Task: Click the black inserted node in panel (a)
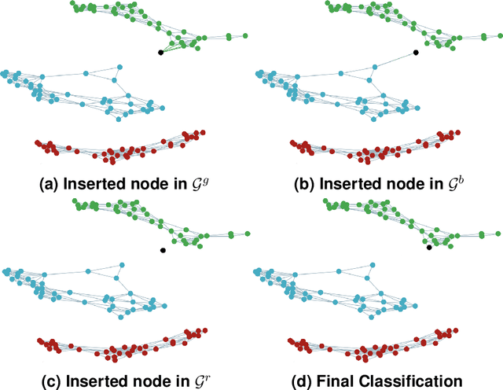160,53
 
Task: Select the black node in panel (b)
416,53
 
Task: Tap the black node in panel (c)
162,250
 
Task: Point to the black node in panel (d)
429,248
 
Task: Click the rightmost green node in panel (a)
245,35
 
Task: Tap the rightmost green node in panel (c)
248,233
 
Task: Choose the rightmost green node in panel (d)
499,233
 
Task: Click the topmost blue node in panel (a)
119,67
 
